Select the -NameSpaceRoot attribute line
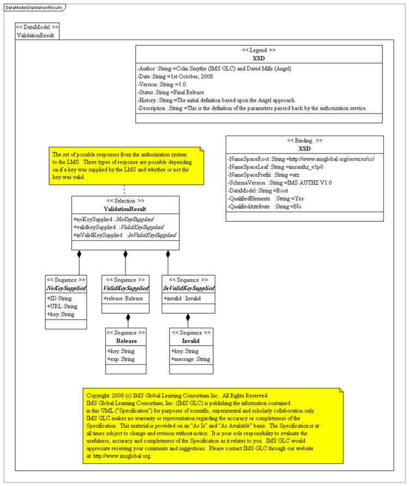pos(300,159)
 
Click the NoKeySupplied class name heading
pos(65,288)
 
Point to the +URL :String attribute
pos(62,306)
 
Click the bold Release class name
pos(126,341)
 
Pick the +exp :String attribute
pos(121,359)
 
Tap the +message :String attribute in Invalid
pos(190,359)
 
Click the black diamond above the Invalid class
pos(188,317)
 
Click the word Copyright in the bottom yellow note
pos(102,394)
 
